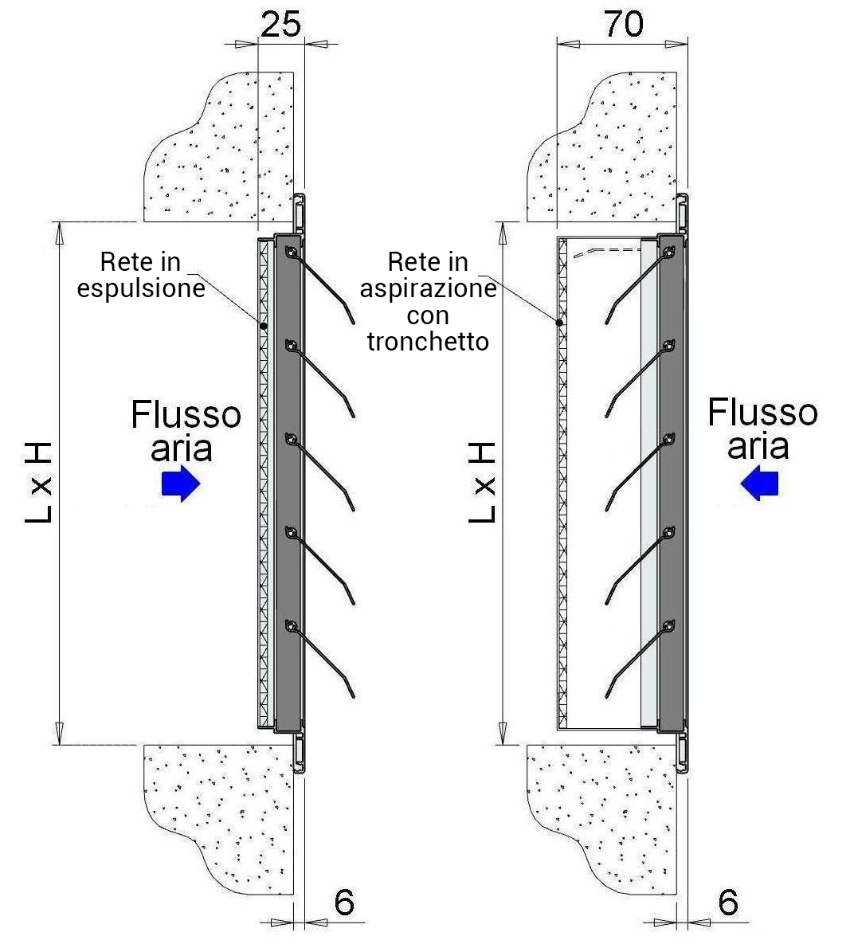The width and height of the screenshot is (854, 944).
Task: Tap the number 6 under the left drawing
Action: coord(343,902)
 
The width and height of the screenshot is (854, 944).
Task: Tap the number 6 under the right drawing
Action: coord(727,902)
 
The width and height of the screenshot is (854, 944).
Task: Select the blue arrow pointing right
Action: coord(180,484)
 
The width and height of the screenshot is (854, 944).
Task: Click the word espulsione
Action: coord(141,288)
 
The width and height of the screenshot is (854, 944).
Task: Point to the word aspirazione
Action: coord(428,288)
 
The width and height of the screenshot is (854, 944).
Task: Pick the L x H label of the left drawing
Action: coord(39,483)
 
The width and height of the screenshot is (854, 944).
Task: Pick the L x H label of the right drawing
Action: coord(483,483)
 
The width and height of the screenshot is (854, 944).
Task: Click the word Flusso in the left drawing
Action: coord(186,415)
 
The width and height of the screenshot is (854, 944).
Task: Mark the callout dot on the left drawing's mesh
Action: coord(262,326)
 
